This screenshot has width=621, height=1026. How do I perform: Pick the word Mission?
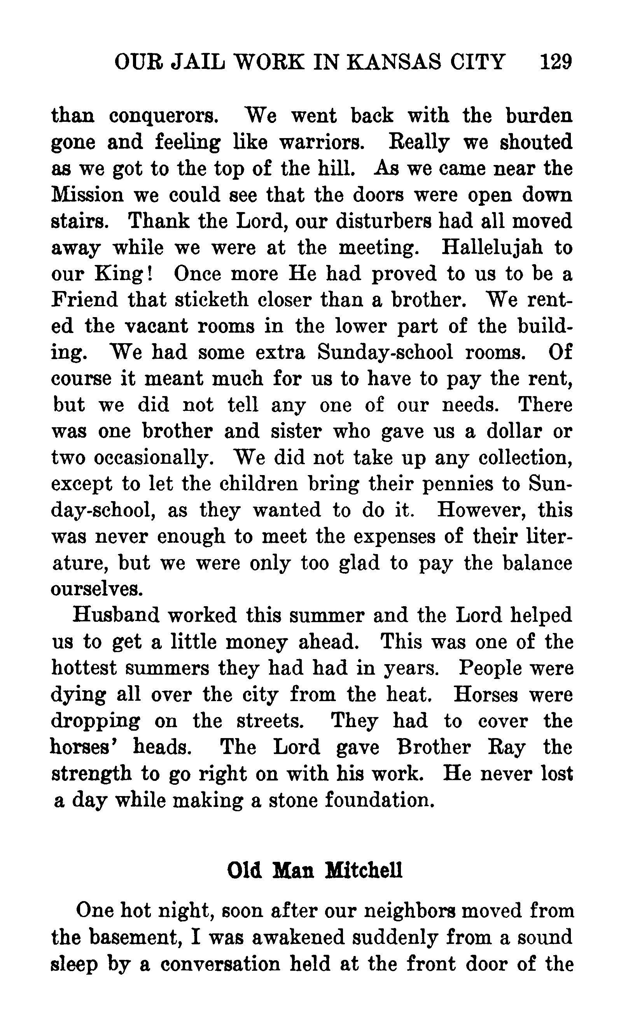point(87,195)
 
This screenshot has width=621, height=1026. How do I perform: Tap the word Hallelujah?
point(492,247)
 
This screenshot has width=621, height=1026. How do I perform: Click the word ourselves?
point(97,589)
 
